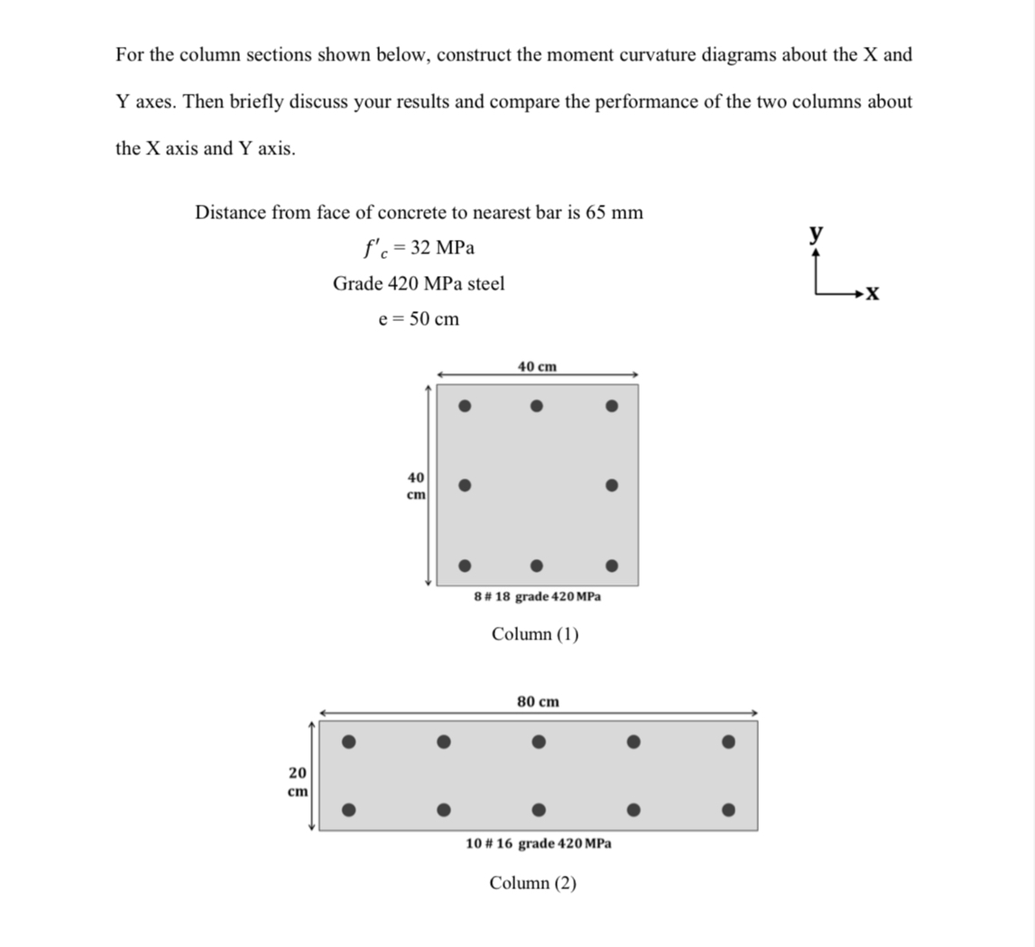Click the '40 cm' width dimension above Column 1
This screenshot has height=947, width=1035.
[537, 366]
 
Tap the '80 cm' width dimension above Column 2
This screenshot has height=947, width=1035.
[538, 701]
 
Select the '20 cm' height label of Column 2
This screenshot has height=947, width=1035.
[297, 781]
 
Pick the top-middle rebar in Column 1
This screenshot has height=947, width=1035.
[536, 406]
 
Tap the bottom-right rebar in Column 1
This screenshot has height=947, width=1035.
[611, 566]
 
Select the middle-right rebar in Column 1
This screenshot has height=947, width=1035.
[611, 485]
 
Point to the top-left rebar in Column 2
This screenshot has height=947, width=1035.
[347, 742]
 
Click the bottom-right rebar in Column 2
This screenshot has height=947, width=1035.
[728, 809]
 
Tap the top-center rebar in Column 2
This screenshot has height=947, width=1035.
[538, 742]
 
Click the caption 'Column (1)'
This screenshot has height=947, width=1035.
[535, 634]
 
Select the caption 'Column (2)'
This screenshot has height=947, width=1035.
[533, 883]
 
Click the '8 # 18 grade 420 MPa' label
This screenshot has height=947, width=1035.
[537, 596]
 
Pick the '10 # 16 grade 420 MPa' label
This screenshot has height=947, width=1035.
[538, 843]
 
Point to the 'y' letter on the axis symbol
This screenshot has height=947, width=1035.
[816, 233]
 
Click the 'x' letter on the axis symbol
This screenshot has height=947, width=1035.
[872, 294]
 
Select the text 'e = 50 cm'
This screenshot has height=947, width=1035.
[419, 319]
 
